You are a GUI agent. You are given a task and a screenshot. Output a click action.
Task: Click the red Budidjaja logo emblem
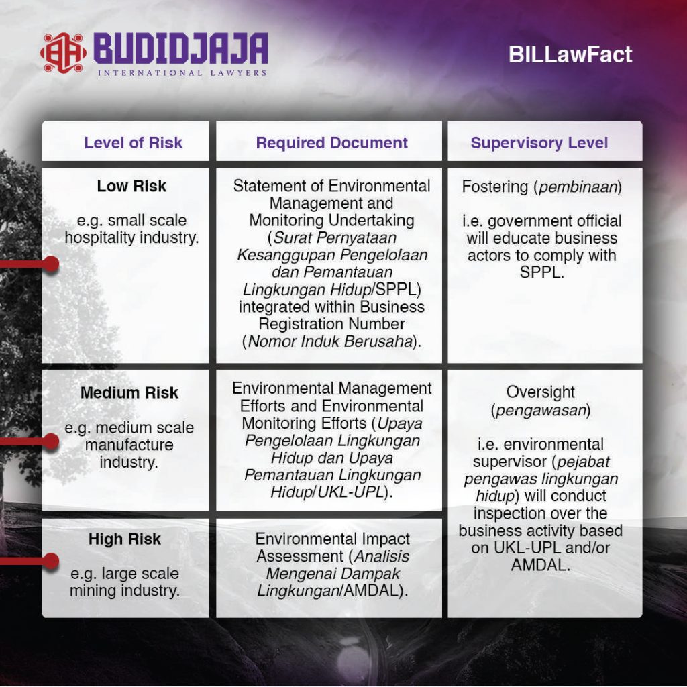coord(63,52)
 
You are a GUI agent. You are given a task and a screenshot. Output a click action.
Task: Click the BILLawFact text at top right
coord(570,54)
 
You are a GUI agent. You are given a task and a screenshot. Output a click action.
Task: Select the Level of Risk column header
coord(133,143)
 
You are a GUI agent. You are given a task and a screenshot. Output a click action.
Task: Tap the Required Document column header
coord(331,143)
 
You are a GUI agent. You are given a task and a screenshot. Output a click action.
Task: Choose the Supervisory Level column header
coord(539,143)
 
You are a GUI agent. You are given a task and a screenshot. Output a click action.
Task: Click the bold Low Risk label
coord(131,186)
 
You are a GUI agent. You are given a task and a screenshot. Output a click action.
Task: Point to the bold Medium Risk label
coord(129,392)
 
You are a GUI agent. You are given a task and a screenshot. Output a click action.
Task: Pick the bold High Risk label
coord(125,539)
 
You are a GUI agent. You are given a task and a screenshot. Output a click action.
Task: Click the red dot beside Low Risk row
coord(50,264)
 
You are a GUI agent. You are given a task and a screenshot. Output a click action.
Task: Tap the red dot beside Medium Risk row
coord(50,441)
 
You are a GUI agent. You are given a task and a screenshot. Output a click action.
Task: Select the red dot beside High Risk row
coord(50,560)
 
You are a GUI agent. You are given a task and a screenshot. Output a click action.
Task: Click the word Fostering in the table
coord(495,187)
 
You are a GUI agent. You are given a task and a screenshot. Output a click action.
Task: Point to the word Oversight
coord(541,392)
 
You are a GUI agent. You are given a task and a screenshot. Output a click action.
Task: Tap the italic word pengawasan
coord(541,410)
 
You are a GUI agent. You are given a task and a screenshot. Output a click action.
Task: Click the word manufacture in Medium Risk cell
coord(129,445)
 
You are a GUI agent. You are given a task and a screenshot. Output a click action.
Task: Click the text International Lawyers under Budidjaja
coord(182,72)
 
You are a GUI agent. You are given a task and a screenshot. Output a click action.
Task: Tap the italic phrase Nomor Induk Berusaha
coord(328,341)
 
